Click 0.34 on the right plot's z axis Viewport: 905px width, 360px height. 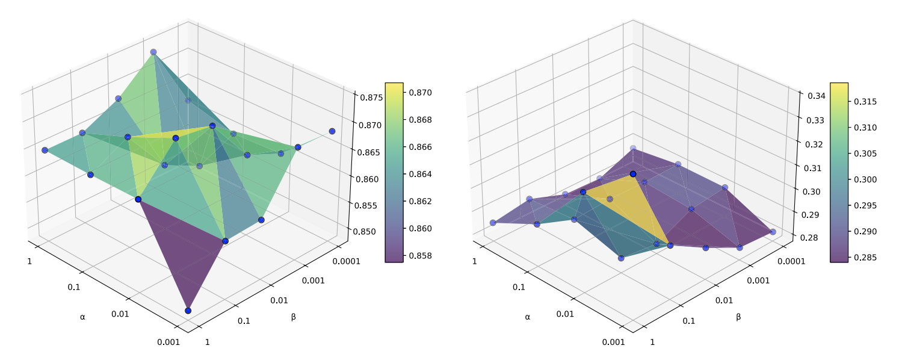coord(816,95)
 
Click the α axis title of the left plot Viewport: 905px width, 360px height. coord(82,316)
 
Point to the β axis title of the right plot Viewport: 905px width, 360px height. coord(738,316)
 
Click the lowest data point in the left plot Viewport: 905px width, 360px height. coord(188,311)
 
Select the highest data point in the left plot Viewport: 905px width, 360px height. coord(153,52)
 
